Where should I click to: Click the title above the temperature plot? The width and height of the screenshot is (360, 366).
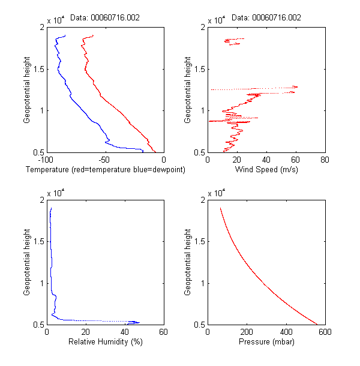105,17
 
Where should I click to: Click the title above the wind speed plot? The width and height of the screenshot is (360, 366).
266,17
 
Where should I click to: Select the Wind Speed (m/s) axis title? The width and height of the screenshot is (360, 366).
266,170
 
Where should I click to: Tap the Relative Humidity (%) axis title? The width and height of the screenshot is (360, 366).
104,343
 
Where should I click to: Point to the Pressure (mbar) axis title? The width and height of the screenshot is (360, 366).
266,343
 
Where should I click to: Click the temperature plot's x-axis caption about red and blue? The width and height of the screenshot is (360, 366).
105,170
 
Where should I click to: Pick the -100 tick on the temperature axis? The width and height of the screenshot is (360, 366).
46,160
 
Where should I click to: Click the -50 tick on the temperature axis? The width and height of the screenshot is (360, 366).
104,160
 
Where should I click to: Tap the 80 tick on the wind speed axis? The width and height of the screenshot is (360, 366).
325,160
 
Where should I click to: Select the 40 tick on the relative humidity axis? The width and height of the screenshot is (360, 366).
124,332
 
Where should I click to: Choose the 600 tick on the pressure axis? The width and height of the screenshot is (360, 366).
325,332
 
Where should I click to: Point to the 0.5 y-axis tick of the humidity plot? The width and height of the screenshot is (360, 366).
39,325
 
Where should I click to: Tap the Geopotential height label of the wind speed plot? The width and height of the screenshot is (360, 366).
189,89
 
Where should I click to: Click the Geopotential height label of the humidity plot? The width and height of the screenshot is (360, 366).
28,262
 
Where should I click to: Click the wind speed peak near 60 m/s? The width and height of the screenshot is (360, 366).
296,87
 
